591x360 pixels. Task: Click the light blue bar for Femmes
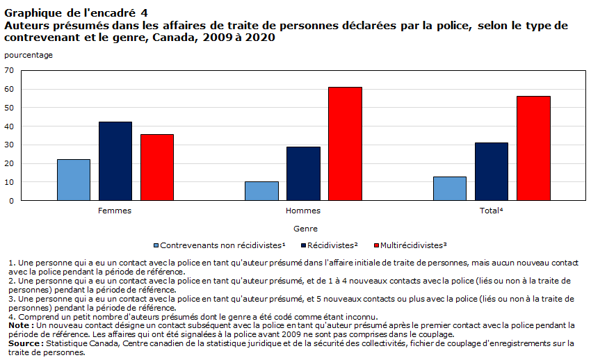point(73,180)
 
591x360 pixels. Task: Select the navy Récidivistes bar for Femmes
point(115,161)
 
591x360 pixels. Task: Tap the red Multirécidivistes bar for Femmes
point(157,167)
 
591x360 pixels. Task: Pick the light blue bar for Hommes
point(261,191)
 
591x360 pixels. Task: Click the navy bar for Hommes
point(303,174)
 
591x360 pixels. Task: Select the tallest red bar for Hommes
point(345,144)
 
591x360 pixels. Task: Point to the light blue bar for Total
point(449,188)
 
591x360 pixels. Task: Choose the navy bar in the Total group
point(491,172)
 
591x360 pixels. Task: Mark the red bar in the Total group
point(533,148)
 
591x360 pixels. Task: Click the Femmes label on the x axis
point(115,210)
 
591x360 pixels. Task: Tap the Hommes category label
point(303,210)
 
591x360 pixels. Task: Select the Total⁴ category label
point(491,210)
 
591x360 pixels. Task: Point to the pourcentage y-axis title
point(28,54)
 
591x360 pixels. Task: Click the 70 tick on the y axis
point(9,70)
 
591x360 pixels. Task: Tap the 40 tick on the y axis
point(9,126)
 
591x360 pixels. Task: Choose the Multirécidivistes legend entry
point(410,245)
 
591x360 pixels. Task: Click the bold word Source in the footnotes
point(24,343)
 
